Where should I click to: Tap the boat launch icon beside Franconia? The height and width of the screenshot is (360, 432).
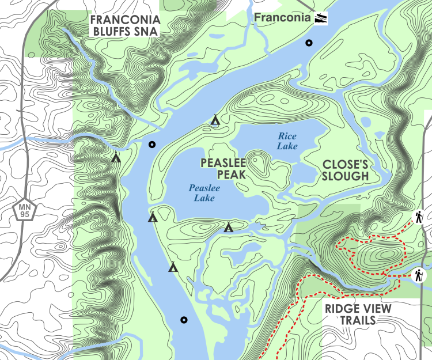click(x=321, y=18)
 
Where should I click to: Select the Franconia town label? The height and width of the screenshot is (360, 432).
click(x=282, y=17)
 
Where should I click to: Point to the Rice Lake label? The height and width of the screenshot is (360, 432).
click(x=287, y=141)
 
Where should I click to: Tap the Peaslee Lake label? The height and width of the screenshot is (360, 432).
click(x=202, y=193)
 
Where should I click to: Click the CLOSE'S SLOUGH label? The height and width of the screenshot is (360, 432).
click(x=346, y=169)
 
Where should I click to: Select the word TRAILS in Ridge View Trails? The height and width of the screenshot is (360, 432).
click(x=358, y=321)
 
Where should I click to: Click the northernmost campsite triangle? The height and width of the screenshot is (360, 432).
click(x=215, y=120)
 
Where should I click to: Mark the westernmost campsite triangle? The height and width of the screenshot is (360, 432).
click(x=116, y=157)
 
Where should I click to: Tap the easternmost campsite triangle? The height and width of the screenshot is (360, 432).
click(x=229, y=228)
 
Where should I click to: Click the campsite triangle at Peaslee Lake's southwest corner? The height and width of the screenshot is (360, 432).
click(x=153, y=218)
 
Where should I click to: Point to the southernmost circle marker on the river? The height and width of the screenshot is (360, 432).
click(x=184, y=320)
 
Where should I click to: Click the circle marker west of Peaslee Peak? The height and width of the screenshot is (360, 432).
click(x=151, y=145)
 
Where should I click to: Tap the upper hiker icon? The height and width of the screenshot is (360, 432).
click(x=419, y=217)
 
